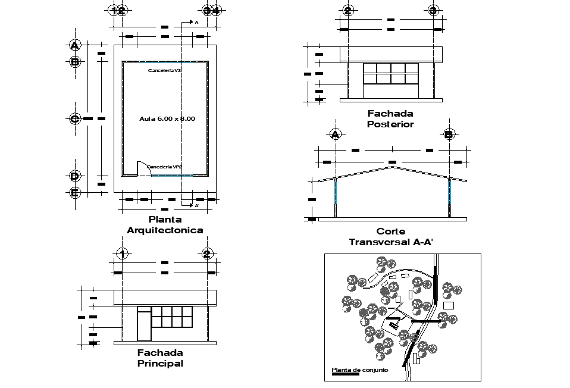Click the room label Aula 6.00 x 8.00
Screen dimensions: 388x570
[167, 119]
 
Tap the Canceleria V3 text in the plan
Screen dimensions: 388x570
[165, 70]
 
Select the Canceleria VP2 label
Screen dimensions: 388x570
[164, 167]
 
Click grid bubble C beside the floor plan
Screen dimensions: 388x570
[74, 118]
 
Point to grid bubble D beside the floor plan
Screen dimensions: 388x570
[74, 176]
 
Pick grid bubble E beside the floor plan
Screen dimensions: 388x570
[74, 192]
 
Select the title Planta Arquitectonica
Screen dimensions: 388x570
[165, 225]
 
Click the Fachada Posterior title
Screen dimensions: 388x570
[390, 118]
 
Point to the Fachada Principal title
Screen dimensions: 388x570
[160, 358]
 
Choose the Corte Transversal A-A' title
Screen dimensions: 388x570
[390, 236]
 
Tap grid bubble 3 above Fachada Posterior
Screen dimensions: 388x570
[433, 11]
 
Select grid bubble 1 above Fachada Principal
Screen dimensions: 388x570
[121, 254]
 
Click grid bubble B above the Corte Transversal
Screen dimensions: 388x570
[449, 134]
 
